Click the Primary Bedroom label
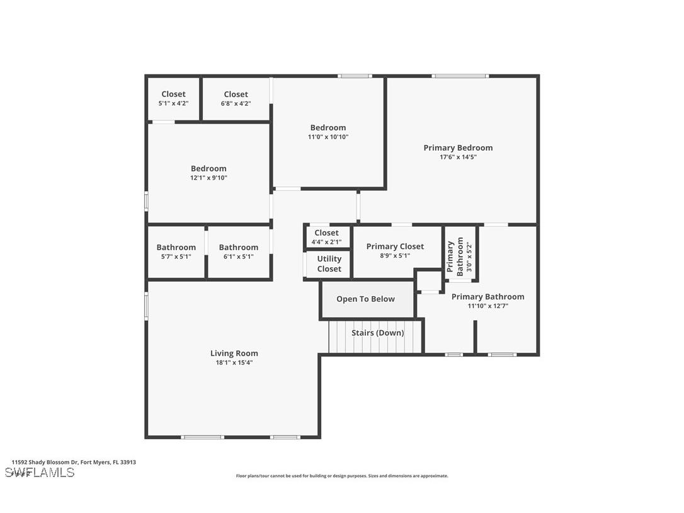tap(458, 148)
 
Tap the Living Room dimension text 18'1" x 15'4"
tap(234, 362)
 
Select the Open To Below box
tap(366, 299)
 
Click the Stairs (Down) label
tap(377, 333)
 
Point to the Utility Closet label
tap(329, 263)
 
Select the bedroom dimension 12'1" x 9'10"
tap(208, 178)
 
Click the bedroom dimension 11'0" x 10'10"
tap(328, 137)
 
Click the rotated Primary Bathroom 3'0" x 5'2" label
tap(460, 255)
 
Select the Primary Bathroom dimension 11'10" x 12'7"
tap(487, 306)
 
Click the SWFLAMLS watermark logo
tap(40, 473)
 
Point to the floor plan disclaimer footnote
tap(342, 476)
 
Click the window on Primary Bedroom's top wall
tap(460, 76)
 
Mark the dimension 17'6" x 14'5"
tap(458, 157)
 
